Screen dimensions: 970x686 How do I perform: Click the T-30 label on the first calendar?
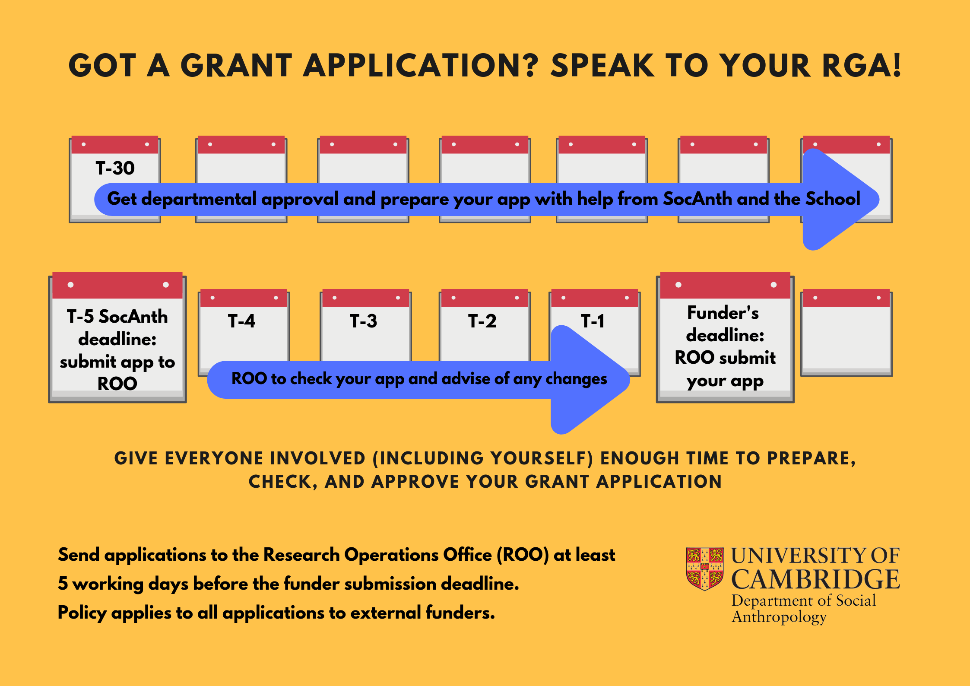[115, 168]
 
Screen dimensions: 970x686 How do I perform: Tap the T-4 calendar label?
[241, 321]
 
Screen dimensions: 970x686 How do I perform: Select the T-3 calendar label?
[363, 321]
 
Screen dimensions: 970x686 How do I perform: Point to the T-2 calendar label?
[482, 321]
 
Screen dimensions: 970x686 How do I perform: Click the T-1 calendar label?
[593, 321]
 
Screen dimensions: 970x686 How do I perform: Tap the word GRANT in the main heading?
[236, 66]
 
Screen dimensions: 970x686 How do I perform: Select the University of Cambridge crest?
[705, 568]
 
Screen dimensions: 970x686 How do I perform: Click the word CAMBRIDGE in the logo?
[815, 579]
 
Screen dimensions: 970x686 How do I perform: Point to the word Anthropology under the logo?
[779, 617]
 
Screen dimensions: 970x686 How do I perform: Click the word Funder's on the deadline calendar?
[723, 313]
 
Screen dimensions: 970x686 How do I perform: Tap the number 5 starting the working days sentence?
[63, 584]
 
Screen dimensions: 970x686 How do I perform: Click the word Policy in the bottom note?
[82, 613]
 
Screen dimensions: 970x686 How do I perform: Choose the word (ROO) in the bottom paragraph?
[523, 555]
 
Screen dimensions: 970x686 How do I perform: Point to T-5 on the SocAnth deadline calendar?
[80, 317]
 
